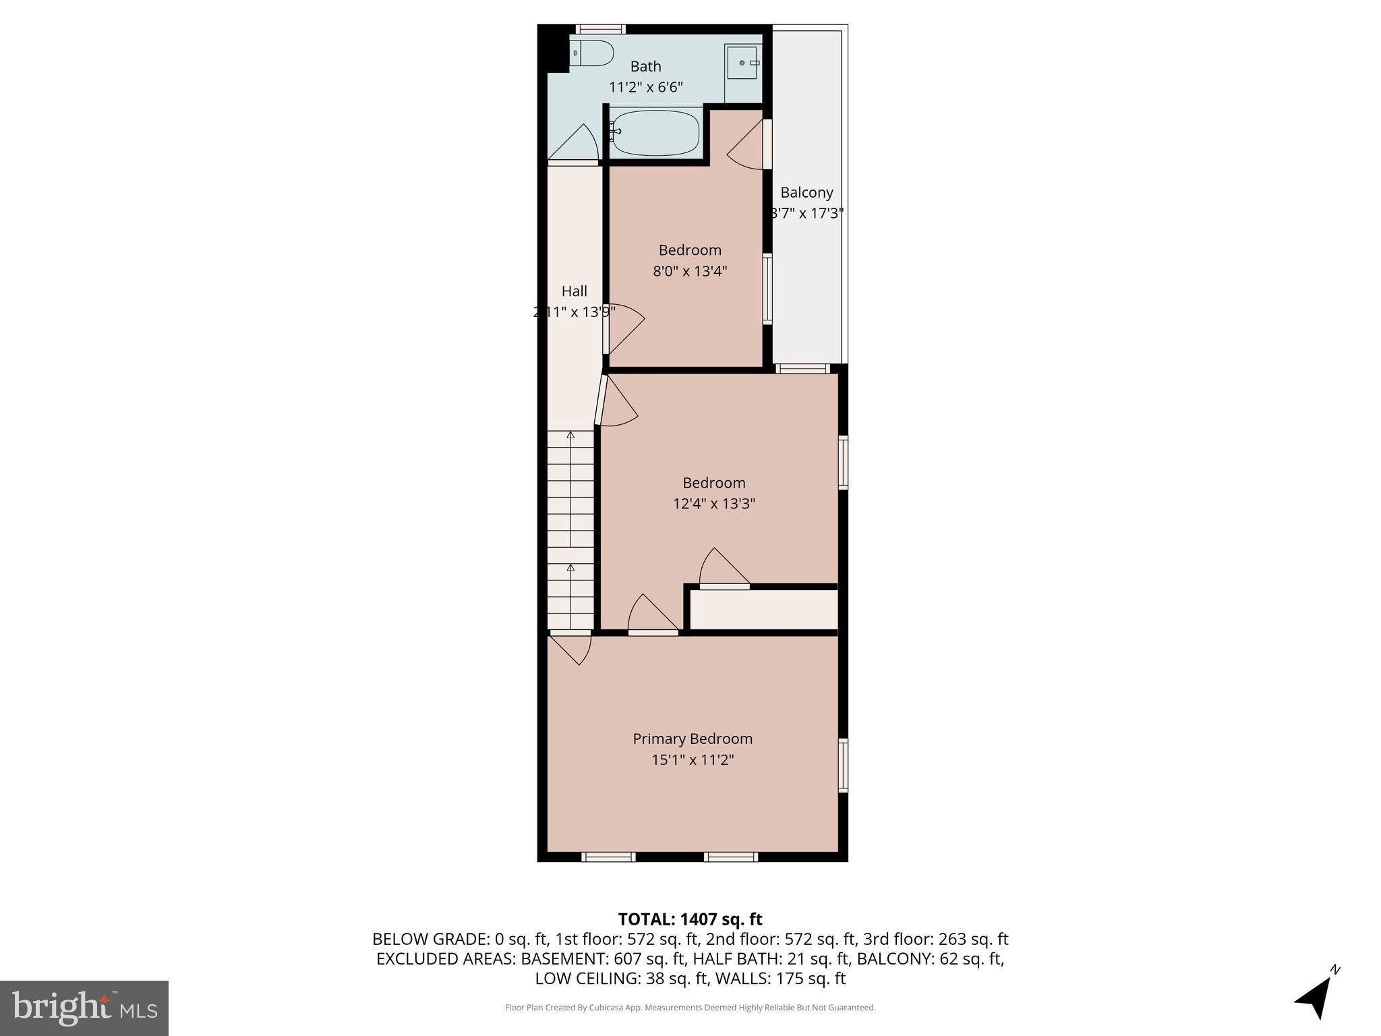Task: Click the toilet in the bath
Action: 593,53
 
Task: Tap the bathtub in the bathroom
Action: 655,133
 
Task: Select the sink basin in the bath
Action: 742,63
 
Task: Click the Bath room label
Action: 645,66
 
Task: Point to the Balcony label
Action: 806,192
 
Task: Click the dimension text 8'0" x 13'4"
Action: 690,271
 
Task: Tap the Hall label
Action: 574,291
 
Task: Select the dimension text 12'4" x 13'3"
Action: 713,503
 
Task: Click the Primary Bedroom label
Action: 692,739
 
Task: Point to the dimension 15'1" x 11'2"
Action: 692,759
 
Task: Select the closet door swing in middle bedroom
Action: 722,569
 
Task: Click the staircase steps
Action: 570,530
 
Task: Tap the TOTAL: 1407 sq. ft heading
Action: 690,919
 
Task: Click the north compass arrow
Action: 1314,997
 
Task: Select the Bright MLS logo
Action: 84,1008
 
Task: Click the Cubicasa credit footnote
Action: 690,1008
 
